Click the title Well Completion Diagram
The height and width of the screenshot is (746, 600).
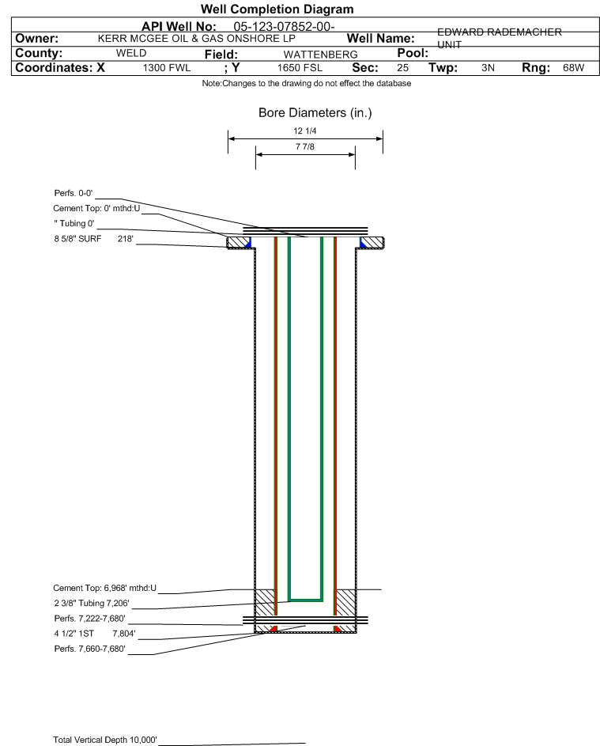[x=277, y=9]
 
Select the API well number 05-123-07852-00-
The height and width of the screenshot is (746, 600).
[x=284, y=27]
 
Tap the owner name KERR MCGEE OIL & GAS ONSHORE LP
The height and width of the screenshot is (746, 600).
[x=196, y=39]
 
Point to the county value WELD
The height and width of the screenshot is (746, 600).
[x=131, y=53]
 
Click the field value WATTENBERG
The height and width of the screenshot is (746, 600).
[x=320, y=55]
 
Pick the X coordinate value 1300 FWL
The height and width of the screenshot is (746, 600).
[x=167, y=68]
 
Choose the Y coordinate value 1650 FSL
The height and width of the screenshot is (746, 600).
[x=300, y=68]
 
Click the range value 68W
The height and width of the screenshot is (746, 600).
[x=573, y=67]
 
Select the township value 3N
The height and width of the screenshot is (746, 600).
[x=488, y=67]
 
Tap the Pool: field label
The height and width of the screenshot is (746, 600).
[x=413, y=53]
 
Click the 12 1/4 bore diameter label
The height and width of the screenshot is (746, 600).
[x=305, y=131]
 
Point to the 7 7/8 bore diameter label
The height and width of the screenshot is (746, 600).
[x=305, y=146]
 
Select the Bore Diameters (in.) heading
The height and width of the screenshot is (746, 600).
[x=315, y=113]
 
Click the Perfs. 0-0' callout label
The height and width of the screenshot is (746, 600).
[x=74, y=193]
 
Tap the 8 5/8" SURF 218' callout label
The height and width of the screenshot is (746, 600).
[x=93, y=239]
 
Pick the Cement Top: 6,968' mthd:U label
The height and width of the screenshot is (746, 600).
[x=104, y=588]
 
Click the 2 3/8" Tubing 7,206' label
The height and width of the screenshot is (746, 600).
[x=91, y=604]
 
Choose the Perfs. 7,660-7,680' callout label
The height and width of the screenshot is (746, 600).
[x=89, y=649]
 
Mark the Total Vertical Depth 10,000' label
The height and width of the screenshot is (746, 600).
[x=104, y=740]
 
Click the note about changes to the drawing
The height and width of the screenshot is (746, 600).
[x=307, y=83]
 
